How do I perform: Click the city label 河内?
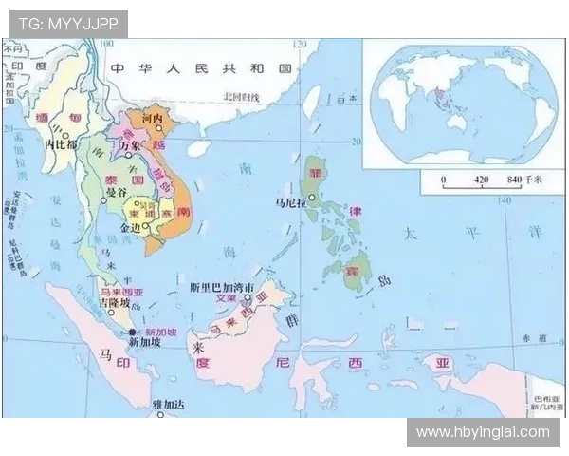click(x=153, y=119)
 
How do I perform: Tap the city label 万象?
click(x=130, y=144)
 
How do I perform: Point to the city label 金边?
click(x=132, y=229)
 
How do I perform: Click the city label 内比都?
click(x=61, y=144)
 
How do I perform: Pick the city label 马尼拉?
click(x=290, y=202)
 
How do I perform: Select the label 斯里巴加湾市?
click(x=221, y=287)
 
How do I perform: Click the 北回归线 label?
click(x=241, y=96)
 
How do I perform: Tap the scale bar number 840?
click(x=515, y=179)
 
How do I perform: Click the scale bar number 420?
click(x=481, y=179)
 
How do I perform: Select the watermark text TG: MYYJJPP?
click(x=68, y=23)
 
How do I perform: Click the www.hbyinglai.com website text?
click(x=483, y=432)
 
